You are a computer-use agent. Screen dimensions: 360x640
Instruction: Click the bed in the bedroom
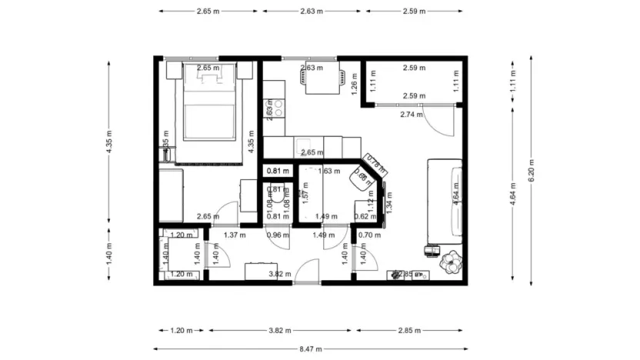click(206, 112)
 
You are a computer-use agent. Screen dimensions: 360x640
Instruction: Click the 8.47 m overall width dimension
click(312, 348)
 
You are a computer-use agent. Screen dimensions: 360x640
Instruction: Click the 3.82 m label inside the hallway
click(278, 274)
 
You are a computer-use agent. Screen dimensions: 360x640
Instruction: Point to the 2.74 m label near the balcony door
click(412, 115)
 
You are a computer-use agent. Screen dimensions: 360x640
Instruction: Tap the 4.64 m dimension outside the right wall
click(512, 195)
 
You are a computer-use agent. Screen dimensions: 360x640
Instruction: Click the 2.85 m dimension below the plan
click(410, 331)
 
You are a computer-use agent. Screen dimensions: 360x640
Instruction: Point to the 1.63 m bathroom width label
click(329, 171)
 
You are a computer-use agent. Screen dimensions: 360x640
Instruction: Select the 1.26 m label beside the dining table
click(354, 82)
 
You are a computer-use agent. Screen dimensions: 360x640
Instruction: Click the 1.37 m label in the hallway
click(234, 235)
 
